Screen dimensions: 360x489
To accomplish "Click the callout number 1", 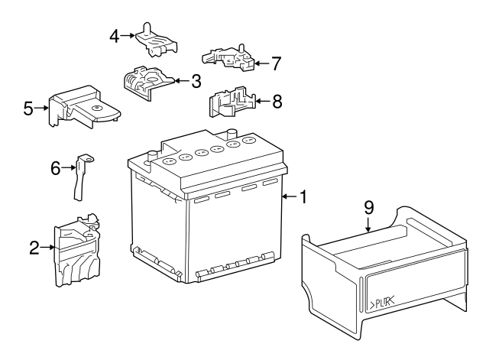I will pyautogui.click(x=303, y=197).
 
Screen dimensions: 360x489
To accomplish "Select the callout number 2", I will pyautogui.click(x=34, y=247).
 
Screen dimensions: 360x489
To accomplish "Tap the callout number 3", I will pyautogui.click(x=196, y=79).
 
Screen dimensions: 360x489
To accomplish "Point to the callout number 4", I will pyautogui.click(x=115, y=35).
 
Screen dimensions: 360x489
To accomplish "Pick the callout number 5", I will pyautogui.click(x=28, y=109).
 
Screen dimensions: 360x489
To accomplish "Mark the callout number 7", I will pyautogui.click(x=277, y=61).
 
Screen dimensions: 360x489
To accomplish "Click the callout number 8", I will pyautogui.click(x=277, y=100).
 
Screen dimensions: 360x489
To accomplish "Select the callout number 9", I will pyautogui.click(x=368, y=206).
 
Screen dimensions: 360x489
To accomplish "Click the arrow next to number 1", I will pyautogui.click(x=287, y=197).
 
